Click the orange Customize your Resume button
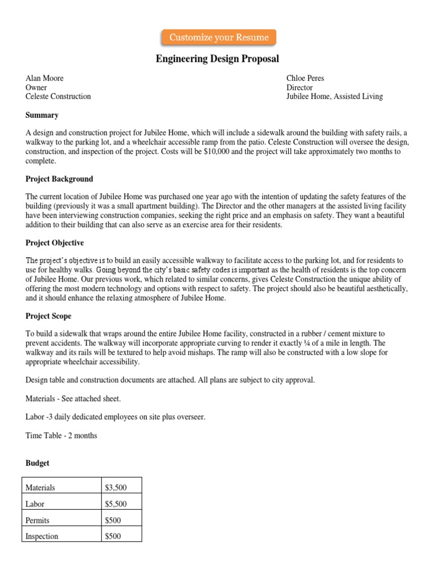[x=219, y=37]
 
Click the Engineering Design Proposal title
[x=217, y=59]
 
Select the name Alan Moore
[x=45, y=78]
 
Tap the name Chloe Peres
[x=305, y=78]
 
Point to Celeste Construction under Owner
[x=58, y=96]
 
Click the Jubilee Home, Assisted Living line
[x=334, y=96]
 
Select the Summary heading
[x=42, y=115]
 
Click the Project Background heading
[x=59, y=179]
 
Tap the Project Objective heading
[x=54, y=243]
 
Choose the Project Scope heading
[x=48, y=316]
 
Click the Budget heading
[x=37, y=463]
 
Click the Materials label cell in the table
[x=41, y=487]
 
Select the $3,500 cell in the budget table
[x=116, y=487]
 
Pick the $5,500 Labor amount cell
[x=116, y=504]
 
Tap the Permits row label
[x=37, y=520]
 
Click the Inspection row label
[x=42, y=536]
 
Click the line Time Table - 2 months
[x=61, y=436]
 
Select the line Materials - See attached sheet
[x=73, y=399]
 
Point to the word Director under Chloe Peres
[x=300, y=88]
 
